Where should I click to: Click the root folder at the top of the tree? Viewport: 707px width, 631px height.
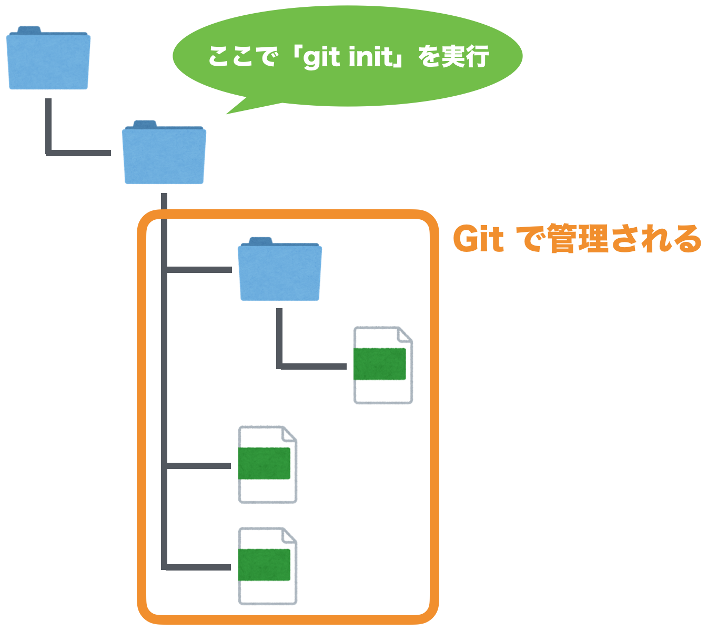pos(48,59)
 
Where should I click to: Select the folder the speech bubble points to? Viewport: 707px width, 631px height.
pos(164,154)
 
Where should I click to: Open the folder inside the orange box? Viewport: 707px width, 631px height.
pos(279,270)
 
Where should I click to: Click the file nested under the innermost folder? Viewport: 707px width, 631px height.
pos(382,365)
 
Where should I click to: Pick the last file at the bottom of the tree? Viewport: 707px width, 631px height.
pos(267,566)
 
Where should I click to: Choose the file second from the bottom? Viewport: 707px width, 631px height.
pos(267,464)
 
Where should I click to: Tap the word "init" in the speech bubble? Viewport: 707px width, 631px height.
pos(371,56)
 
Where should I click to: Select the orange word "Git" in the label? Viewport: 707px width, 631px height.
pos(478,240)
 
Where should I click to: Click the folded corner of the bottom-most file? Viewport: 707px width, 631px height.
pos(289,536)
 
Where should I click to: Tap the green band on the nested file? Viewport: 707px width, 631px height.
pos(380,364)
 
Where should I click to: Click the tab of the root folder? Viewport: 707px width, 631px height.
pos(29,30)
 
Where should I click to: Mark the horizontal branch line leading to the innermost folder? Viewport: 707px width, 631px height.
pos(199,270)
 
